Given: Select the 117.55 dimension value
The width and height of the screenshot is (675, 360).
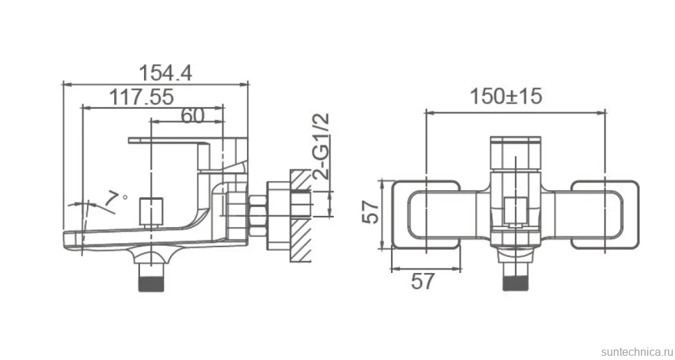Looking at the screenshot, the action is point(142,97).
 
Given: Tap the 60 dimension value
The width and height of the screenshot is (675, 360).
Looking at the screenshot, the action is point(192,115).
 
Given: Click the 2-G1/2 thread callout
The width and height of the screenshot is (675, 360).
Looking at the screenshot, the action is point(321,146).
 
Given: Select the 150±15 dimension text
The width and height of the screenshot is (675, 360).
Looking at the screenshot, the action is point(505,96).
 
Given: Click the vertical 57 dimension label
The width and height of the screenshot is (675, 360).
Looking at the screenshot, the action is point(371,212).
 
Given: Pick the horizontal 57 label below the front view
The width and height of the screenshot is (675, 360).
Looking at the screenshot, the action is point(422,281).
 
